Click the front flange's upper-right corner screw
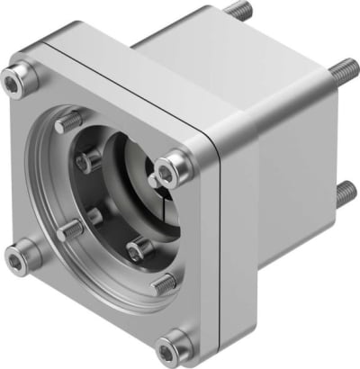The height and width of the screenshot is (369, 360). click(173, 166)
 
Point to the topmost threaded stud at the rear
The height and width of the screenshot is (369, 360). click(237, 11)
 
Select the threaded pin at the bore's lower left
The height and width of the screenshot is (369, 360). click(71, 230)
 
